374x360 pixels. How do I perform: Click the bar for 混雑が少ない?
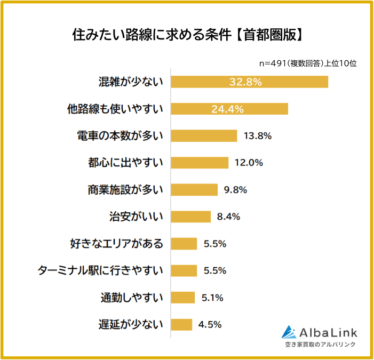coord(249,82)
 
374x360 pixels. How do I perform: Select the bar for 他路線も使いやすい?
coord(229,109)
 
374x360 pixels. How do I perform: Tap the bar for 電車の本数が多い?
coord(204,135)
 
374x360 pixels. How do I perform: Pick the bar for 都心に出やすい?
coord(200,163)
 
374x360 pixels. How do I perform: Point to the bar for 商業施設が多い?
coord(194,190)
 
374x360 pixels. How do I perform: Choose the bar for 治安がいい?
coord(191,217)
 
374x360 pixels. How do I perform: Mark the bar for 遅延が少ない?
coord(182,324)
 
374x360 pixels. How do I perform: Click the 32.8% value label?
coord(245,82)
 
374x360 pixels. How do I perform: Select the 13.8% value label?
coord(258,135)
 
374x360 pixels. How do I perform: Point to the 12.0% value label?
coord(249,163)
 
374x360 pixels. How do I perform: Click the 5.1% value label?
coord(212,298)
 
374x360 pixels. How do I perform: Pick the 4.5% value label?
coord(210,324)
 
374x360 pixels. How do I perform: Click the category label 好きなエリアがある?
coord(116,244)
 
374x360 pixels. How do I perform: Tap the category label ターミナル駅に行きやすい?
coord(100,270)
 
